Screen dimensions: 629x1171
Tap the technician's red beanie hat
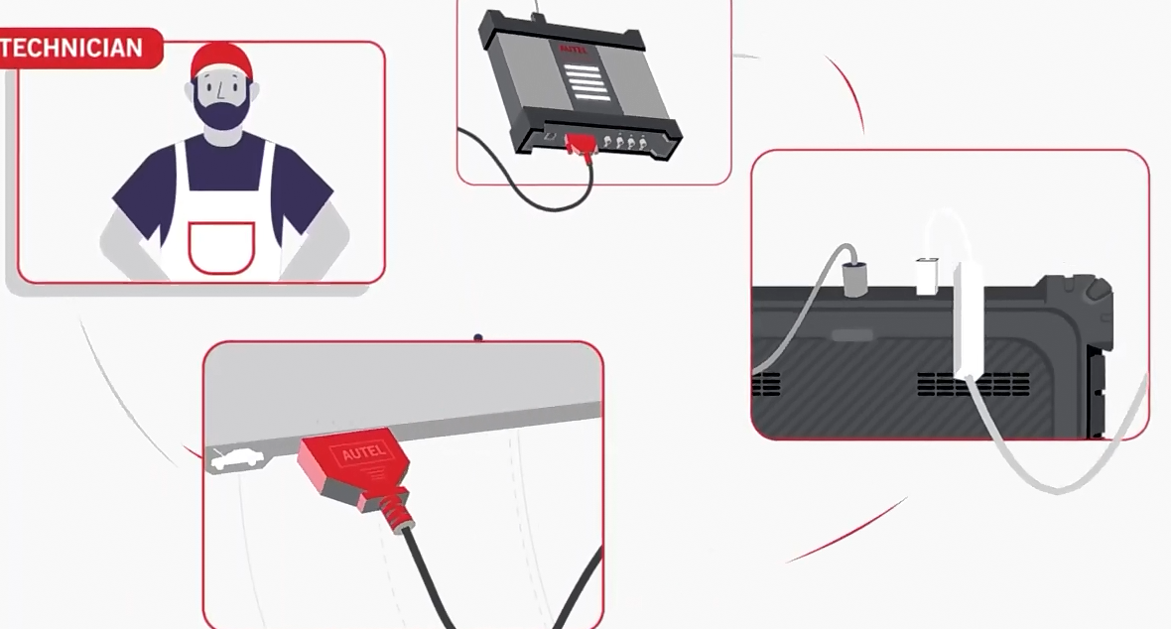click(x=221, y=62)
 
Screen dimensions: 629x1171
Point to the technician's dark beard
click(x=220, y=112)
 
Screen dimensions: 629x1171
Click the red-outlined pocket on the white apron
click(x=221, y=247)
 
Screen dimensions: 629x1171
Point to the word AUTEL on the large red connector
click(x=360, y=454)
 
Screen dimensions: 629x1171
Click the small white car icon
click(x=238, y=458)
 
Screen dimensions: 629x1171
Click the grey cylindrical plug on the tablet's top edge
click(x=853, y=278)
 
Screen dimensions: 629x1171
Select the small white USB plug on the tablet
click(x=927, y=276)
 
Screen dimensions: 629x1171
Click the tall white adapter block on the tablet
click(x=969, y=317)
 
